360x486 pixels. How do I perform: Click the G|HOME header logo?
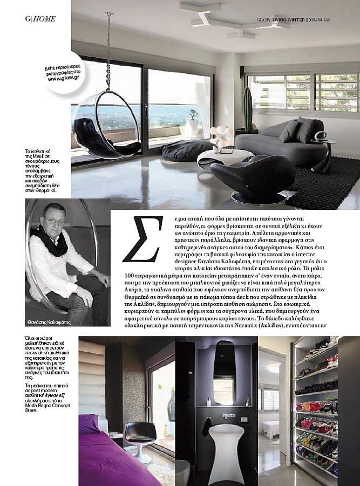[40, 19]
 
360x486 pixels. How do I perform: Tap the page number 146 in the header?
[342, 19]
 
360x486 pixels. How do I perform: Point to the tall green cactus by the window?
[248, 108]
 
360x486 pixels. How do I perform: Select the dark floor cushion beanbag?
[187, 149]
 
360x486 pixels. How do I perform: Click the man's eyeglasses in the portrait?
[53, 221]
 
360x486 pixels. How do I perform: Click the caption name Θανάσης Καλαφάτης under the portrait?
[49, 323]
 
